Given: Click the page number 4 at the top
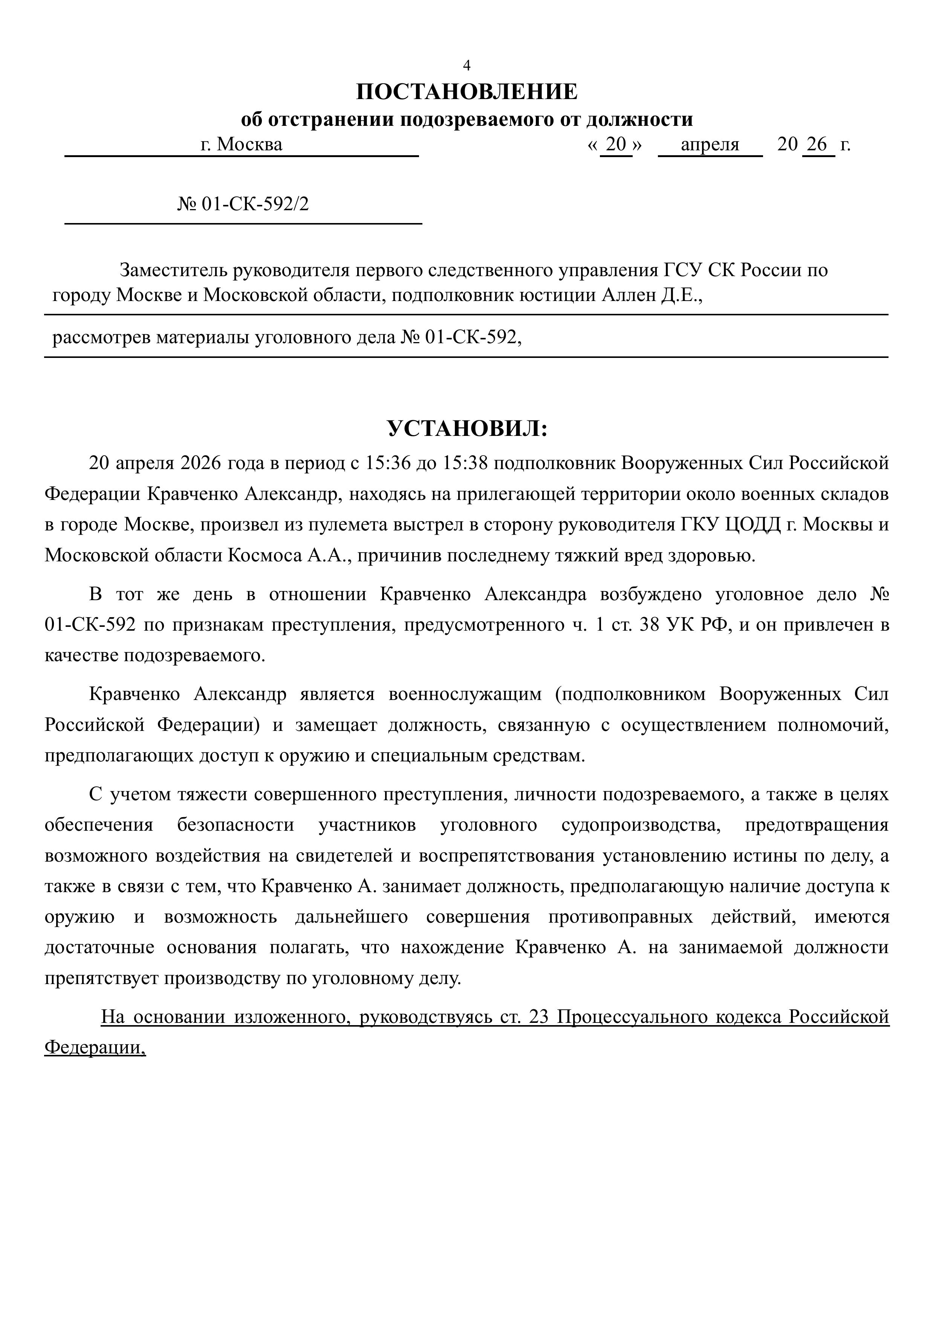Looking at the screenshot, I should point(467,66).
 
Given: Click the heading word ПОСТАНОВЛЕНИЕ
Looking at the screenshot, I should point(467,92).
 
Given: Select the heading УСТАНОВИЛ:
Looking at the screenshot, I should point(467,429).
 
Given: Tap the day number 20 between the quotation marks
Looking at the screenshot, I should point(616,144).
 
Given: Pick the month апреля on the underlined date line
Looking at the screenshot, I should point(710,144).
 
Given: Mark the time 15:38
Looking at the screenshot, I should point(465,463).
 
